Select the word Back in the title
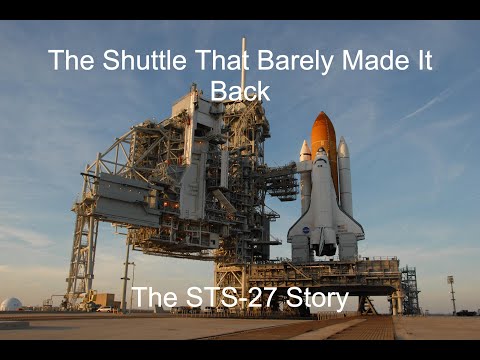click(240, 91)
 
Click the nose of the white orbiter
click(322, 156)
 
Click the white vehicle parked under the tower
click(104, 308)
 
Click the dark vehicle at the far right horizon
click(465, 312)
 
